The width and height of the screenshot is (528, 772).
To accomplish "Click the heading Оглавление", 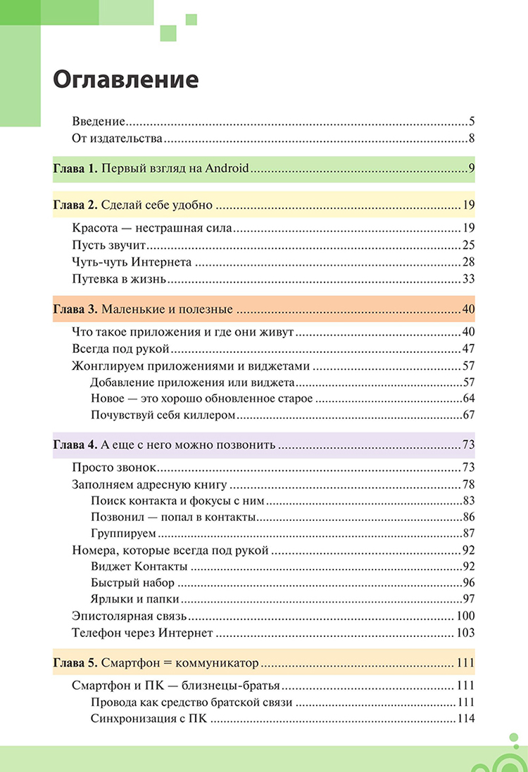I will pyautogui.click(x=125, y=79).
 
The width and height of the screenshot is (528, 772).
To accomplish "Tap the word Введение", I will pyautogui.click(x=99, y=121).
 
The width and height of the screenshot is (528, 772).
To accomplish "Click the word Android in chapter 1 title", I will pyautogui.click(x=228, y=169).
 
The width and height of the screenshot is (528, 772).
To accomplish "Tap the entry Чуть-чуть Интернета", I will pyautogui.click(x=132, y=262).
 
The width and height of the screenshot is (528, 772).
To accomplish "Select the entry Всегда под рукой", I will pyautogui.click(x=121, y=349).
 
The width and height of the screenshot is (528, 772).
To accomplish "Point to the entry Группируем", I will pyautogui.click(x=123, y=534).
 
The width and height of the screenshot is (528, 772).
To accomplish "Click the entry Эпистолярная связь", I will pyautogui.click(x=129, y=617).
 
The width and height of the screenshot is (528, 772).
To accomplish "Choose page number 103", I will pyautogui.click(x=465, y=633).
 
